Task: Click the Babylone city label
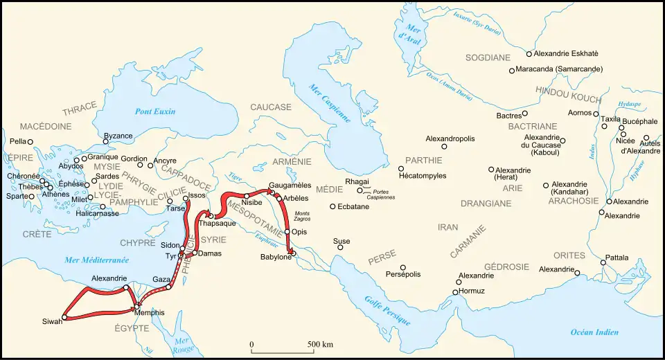point(276,258)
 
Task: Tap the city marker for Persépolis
point(402,268)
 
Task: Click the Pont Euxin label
point(155,111)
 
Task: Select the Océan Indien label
point(594,333)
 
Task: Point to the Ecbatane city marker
point(332,206)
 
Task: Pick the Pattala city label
point(617,258)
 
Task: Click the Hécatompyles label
point(423,176)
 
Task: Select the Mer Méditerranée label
point(96,260)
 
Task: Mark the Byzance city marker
point(106,141)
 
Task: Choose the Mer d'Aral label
point(400,31)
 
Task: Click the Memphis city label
point(150,313)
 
